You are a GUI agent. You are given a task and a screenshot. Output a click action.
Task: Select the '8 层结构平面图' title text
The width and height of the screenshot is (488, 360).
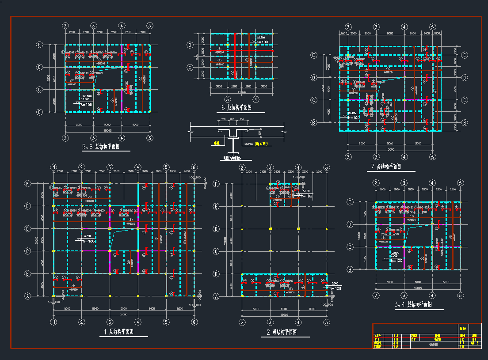point(236,108)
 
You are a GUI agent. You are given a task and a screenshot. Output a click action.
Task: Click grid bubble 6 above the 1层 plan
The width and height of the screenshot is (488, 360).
point(194,167)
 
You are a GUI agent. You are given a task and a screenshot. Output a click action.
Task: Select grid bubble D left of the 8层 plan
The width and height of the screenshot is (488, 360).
point(190,45)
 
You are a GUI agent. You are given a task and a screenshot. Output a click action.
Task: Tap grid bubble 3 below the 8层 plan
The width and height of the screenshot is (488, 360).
point(227,99)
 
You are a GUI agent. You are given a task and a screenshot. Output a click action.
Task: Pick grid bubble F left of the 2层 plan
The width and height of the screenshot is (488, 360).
point(217,183)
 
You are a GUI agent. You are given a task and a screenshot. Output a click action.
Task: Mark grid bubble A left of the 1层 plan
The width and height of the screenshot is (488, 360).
point(28,296)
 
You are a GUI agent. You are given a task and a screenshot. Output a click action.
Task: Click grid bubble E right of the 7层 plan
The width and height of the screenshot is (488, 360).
point(464,55)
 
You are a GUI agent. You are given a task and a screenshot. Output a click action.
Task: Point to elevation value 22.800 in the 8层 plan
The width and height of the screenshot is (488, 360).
point(260,38)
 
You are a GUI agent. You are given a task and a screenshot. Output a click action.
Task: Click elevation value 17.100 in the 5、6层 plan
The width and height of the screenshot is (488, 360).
point(87,96)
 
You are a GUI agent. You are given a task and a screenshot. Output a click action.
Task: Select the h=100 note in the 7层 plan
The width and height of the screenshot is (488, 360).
point(354,117)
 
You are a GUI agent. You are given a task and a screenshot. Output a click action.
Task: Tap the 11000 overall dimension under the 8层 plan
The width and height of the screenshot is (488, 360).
point(241,92)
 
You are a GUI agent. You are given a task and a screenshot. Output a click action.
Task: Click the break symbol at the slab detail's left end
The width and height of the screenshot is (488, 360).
point(190,131)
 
